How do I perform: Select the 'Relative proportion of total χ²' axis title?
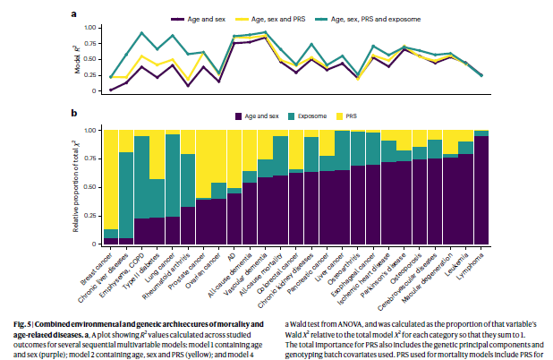pyautogui.click(x=78, y=187)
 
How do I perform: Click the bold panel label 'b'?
pyautogui.click(x=74, y=113)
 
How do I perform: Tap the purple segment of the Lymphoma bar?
pyautogui.click(x=481, y=193)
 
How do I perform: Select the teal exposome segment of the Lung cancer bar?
pyautogui.click(x=172, y=175)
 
